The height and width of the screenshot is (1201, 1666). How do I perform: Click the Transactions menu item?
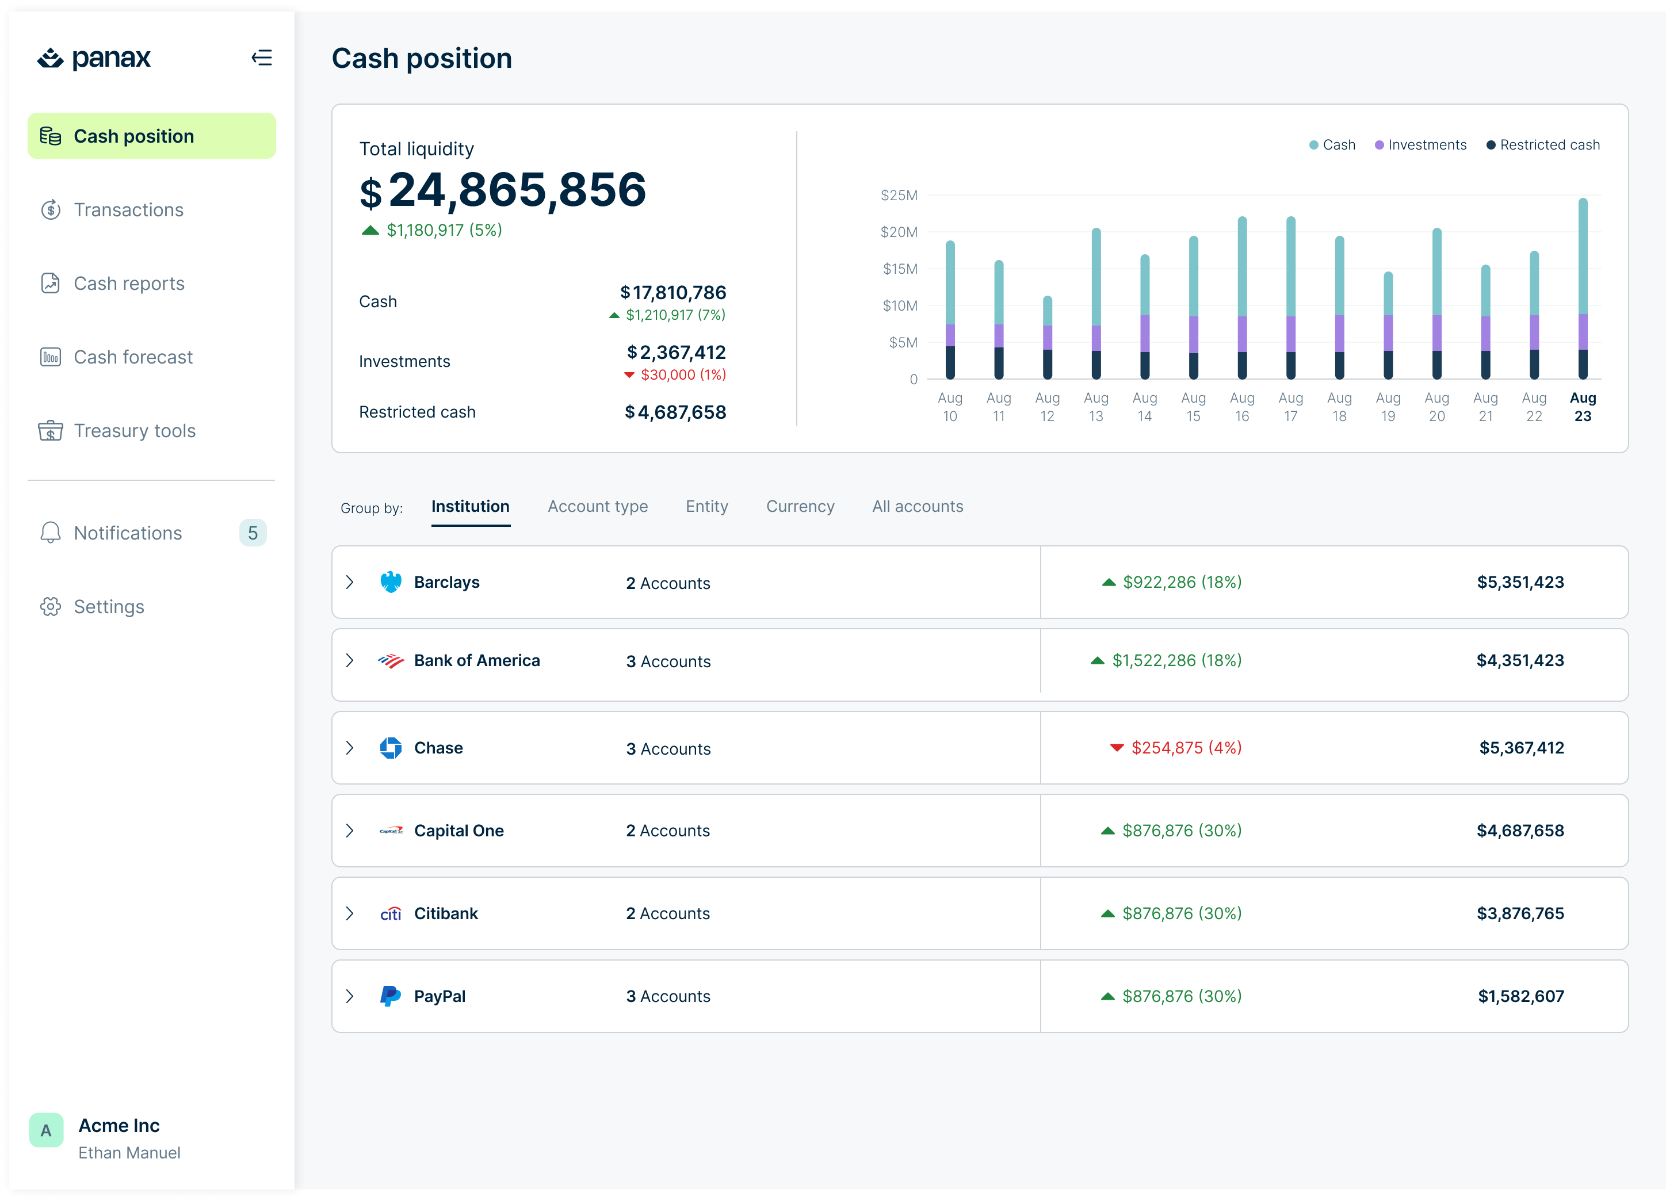128,210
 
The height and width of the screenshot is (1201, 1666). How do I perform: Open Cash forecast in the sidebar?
132,357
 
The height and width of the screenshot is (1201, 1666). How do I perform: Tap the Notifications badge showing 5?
253,533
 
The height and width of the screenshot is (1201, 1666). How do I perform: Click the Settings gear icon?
51,607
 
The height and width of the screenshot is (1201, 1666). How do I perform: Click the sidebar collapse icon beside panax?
262,58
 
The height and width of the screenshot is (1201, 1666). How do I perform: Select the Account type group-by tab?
597,507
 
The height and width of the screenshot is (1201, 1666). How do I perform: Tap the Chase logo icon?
391,748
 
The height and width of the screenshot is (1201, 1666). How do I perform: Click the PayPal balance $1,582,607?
1520,996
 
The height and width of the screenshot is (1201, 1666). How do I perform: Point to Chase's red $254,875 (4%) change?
1176,748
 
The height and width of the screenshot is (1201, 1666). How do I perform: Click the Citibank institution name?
445,913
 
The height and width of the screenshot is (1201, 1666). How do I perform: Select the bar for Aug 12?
1047,338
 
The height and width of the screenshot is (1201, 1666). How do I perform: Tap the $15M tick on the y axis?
900,269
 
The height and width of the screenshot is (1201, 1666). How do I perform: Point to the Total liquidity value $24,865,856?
503,190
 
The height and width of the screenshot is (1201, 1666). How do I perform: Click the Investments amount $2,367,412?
676,353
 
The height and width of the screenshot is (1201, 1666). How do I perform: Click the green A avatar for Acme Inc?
46,1130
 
